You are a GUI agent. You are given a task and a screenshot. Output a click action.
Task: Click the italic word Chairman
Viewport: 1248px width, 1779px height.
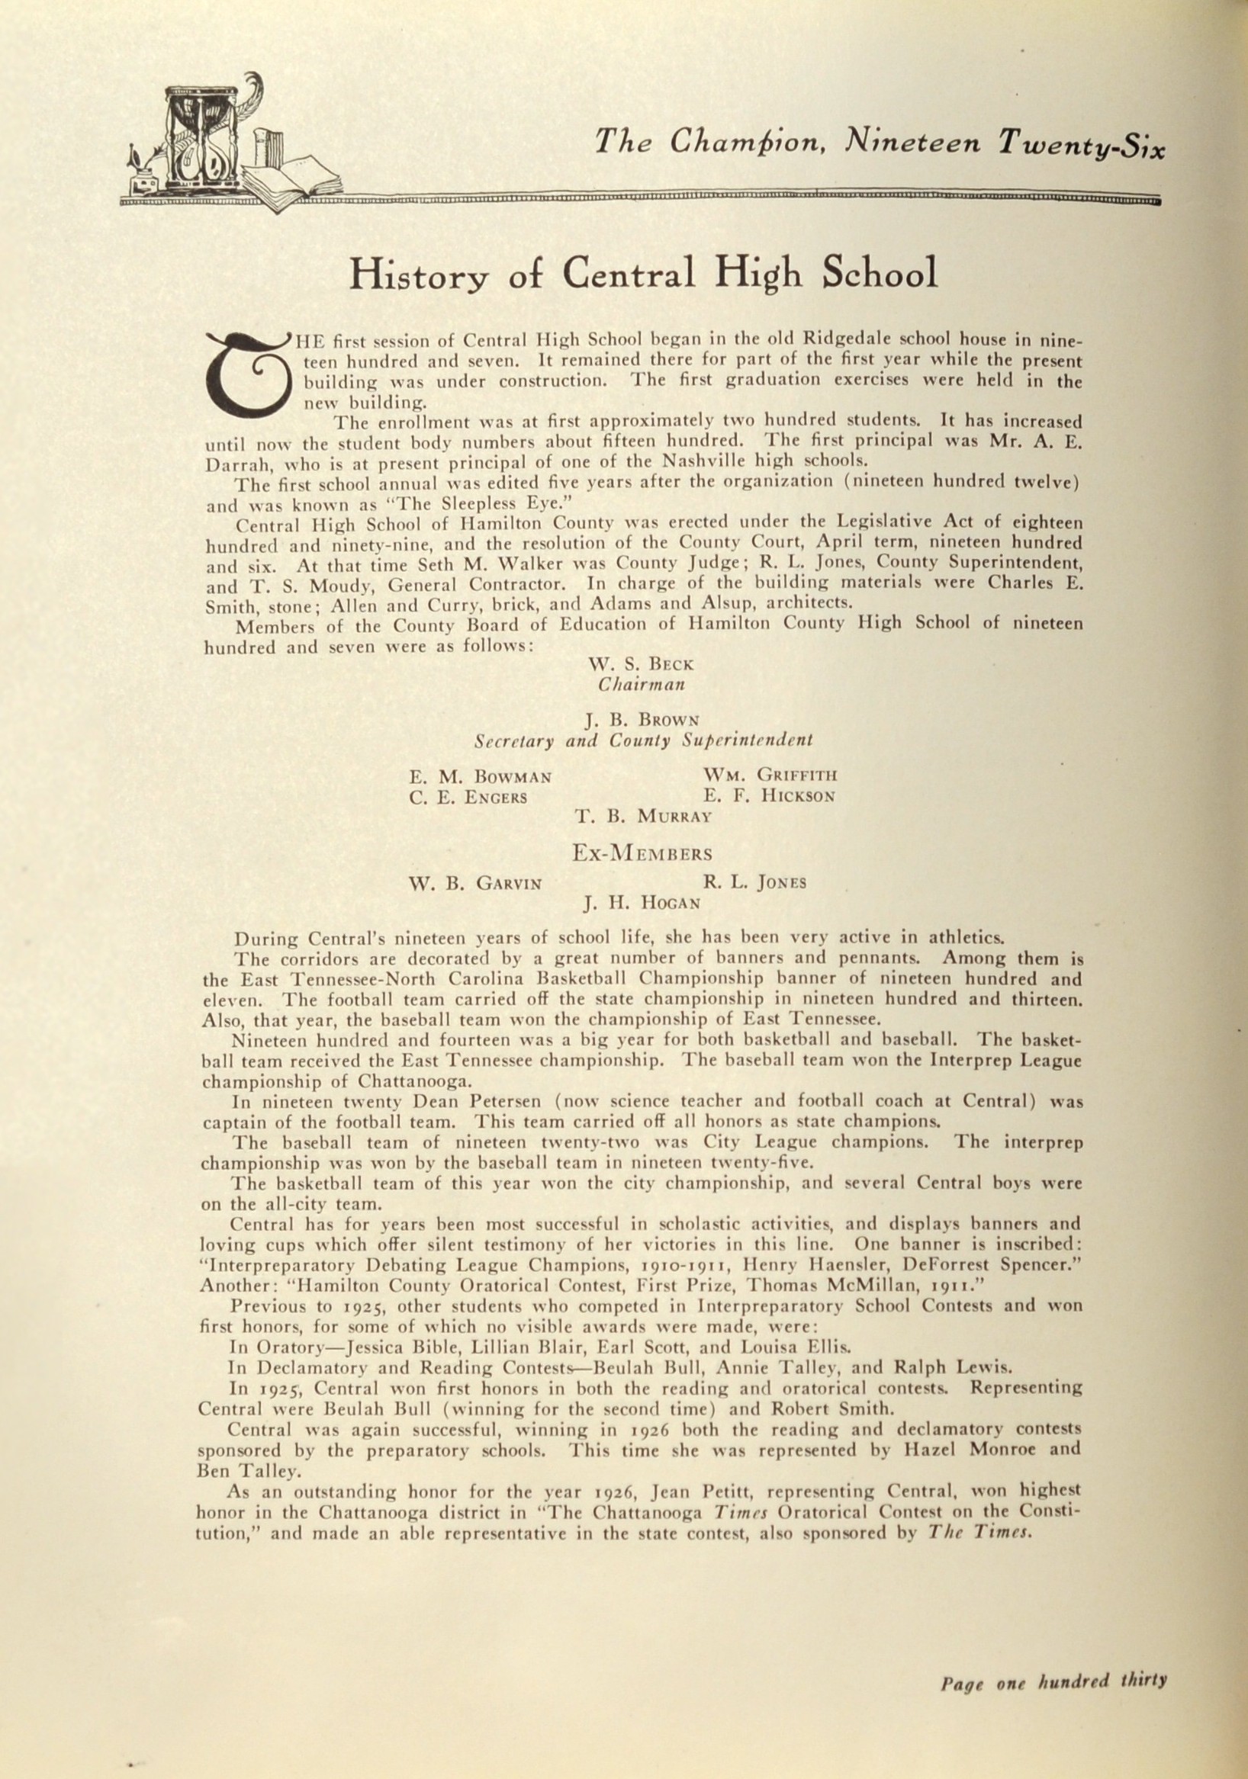click(x=640, y=684)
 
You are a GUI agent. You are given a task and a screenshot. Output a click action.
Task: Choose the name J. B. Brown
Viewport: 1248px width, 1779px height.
click(x=642, y=721)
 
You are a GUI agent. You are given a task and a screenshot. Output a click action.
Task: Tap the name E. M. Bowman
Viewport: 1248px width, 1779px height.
click(x=481, y=776)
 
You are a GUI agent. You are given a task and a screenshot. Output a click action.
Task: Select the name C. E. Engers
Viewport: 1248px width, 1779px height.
click(x=468, y=797)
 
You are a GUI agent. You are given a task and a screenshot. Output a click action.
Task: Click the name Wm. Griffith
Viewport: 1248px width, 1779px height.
click(x=770, y=775)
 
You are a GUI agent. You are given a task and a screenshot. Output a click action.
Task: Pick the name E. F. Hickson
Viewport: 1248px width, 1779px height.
click(x=769, y=796)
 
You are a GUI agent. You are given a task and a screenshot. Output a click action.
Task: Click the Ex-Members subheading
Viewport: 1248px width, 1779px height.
click(x=642, y=853)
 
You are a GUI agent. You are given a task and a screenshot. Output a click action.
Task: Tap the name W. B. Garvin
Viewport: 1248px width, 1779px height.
click(x=474, y=882)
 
